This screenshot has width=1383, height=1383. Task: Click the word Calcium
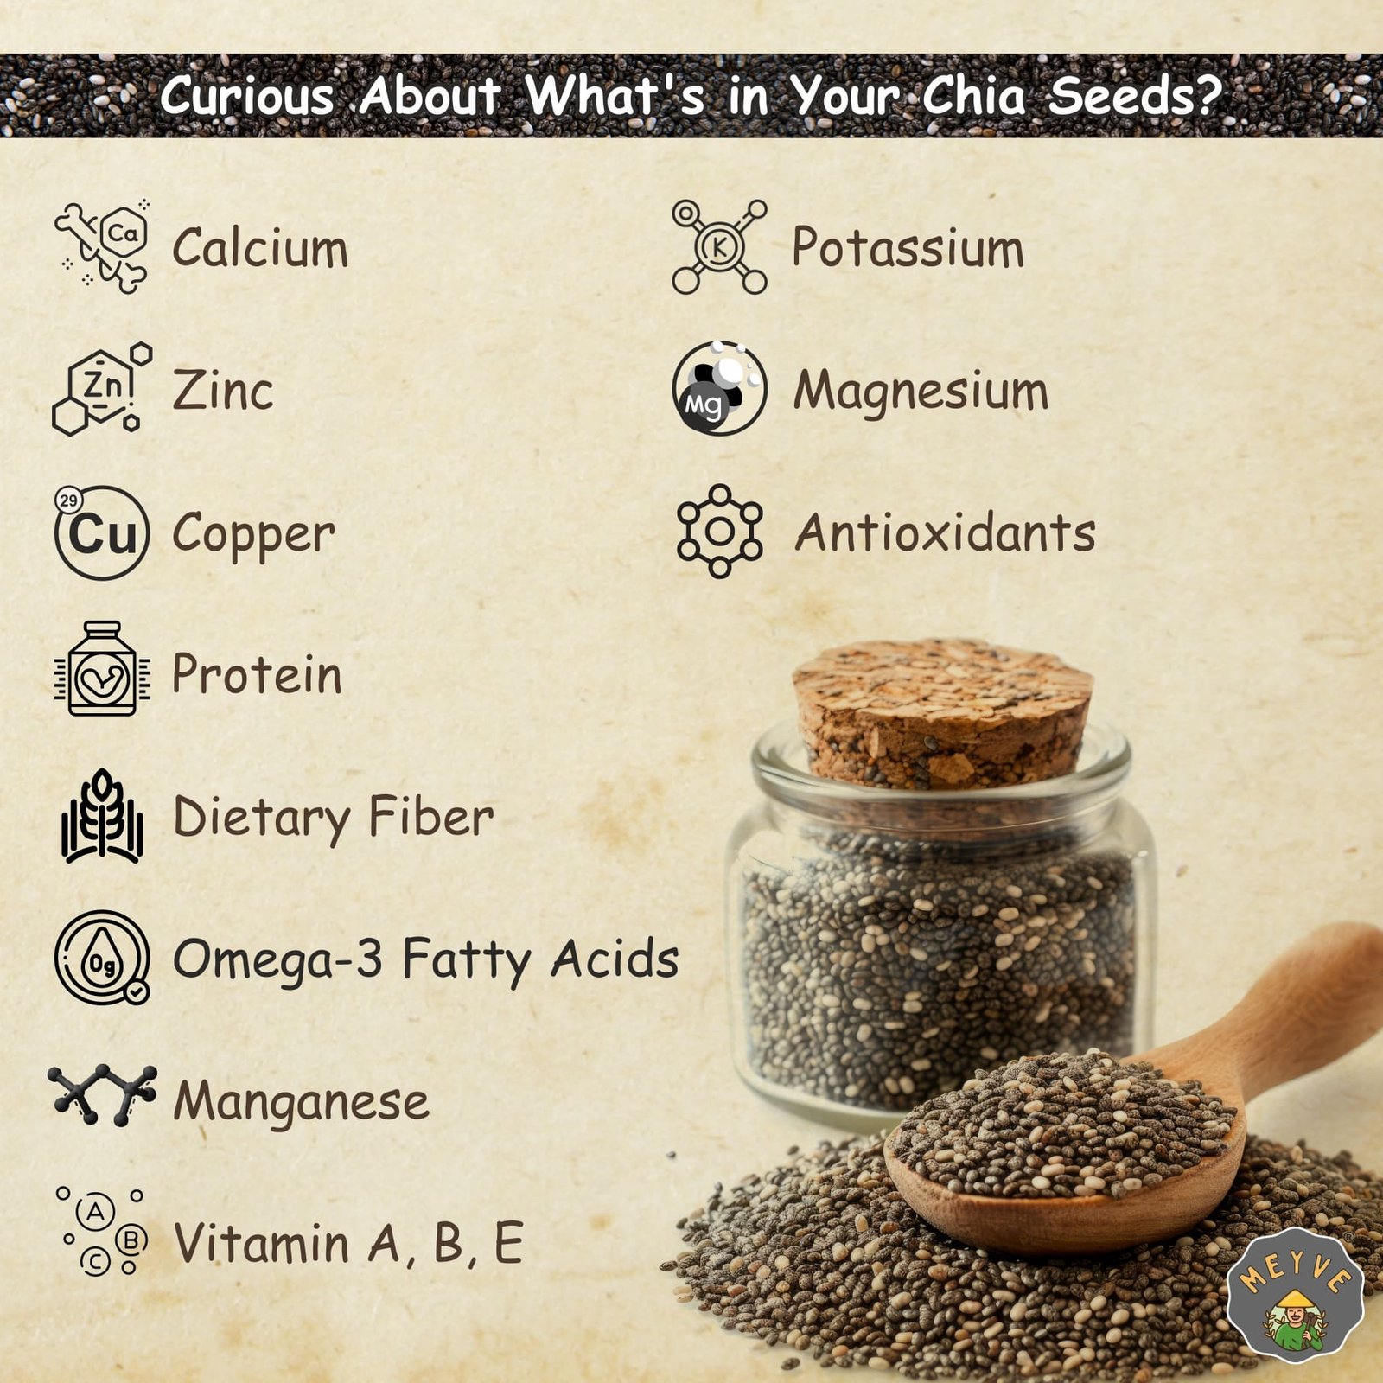click(260, 248)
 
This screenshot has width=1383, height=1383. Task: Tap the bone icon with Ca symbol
click(102, 247)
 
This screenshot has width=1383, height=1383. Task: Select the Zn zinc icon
click(102, 389)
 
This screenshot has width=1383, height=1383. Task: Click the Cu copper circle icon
click(101, 532)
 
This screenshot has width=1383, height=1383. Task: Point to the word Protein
click(257, 674)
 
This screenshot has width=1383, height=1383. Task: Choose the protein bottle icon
click(102, 668)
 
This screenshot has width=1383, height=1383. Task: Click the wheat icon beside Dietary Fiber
click(102, 816)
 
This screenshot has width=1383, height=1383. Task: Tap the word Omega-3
click(277, 959)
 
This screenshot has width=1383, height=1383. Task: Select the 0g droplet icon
click(102, 958)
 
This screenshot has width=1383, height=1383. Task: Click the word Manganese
click(301, 1102)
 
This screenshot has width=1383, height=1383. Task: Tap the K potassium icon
click(719, 247)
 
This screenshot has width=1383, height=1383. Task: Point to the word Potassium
click(908, 248)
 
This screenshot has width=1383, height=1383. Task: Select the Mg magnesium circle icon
click(719, 388)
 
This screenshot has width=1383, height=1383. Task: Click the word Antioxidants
click(945, 532)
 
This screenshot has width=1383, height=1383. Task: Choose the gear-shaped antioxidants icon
click(719, 532)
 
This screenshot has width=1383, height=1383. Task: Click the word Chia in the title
click(973, 96)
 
